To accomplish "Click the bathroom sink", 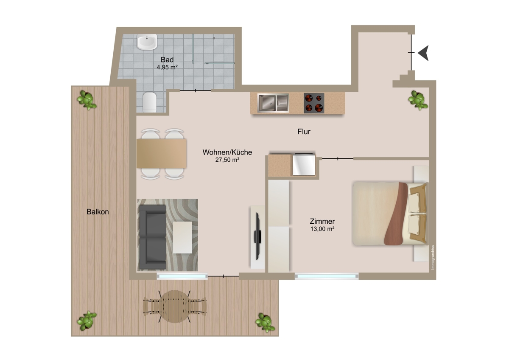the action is [x=147, y=42].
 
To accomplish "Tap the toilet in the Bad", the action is [x=150, y=102].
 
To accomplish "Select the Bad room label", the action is [x=167, y=59].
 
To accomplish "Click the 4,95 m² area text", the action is [x=167, y=67].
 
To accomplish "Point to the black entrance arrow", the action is [x=423, y=53].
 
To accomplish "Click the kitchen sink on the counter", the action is [x=273, y=103].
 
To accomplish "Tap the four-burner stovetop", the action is [x=314, y=103].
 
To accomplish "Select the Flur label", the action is [x=304, y=132].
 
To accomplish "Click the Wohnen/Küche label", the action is [x=227, y=152].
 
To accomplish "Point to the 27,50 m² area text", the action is [x=227, y=160].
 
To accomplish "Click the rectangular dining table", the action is [x=162, y=154].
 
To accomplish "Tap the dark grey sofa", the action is [x=152, y=237].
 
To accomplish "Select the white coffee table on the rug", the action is [x=182, y=237].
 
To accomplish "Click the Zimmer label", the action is [x=322, y=221].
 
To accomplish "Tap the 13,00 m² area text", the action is [x=322, y=229].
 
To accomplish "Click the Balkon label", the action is [x=98, y=212].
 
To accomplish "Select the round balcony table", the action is [x=175, y=307].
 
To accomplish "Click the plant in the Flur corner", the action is [x=418, y=100].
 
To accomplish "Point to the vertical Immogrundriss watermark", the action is [x=433, y=257].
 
